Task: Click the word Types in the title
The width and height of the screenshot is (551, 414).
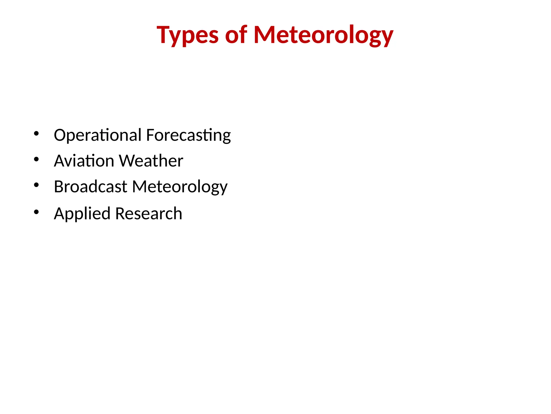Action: pos(188,35)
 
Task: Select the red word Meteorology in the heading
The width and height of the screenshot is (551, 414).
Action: pos(323,35)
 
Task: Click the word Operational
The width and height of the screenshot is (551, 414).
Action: pos(97,135)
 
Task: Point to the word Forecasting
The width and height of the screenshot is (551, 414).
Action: pos(188,135)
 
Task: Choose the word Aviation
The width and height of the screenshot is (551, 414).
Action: pos(84,161)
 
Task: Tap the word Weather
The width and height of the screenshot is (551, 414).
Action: pos(151,161)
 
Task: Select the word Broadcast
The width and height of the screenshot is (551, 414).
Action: pos(90,187)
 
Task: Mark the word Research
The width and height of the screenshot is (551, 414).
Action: pos(149,213)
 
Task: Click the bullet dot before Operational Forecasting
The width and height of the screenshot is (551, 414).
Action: pos(36,133)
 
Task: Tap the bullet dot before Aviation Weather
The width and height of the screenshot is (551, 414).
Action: pos(36,159)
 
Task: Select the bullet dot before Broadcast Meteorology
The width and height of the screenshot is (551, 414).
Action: pos(36,185)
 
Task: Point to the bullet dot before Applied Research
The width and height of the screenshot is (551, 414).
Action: pos(36,212)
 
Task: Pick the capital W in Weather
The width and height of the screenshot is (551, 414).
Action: pos(128,161)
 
